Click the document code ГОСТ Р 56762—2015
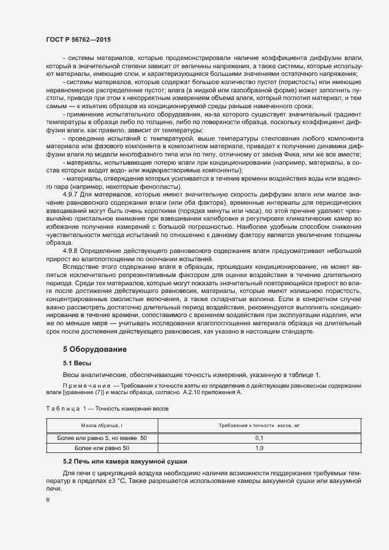pyautogui.click(x=78, y=39)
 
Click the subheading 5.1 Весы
pyautogui.click(x=77, y=363)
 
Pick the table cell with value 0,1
pyautogui.click(x=259, y=438)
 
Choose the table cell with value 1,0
pyautogui.click(x=259, y=448)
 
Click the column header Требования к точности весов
pyautogui.click(x=259, y=425)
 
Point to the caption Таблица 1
pyautogui.click(x=64, y=407)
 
